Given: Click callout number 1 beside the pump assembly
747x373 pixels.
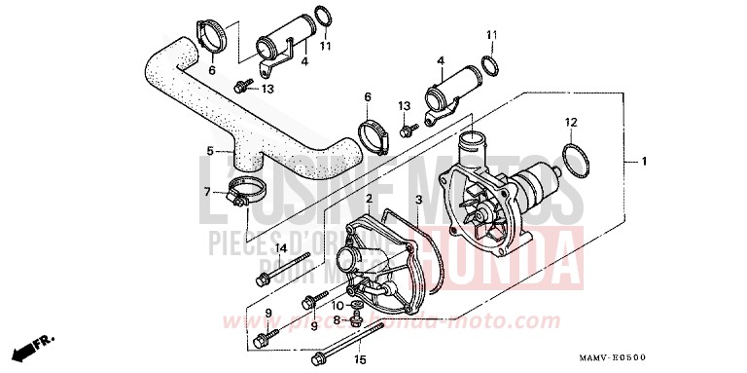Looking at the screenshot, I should tap(641, 159).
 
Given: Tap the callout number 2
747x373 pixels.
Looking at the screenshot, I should tap(370, 199).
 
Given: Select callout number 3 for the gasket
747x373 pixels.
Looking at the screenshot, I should tap(417, 199).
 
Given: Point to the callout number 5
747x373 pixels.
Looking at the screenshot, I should tap(210, 151).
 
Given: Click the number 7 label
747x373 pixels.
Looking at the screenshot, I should tap(206, 192).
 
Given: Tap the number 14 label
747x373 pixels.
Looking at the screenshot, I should tap(280, 247).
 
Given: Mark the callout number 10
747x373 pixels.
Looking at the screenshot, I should tap(338, 306).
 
